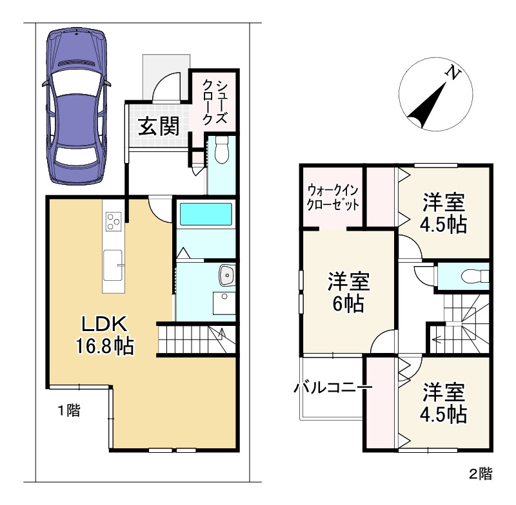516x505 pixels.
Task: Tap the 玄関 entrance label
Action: pyautogui.click(x=159, y=126)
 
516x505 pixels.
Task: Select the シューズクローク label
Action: pyautogui.click(x=214, y=102)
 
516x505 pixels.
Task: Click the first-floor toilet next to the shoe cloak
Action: pyautogui.click(x=222, y=150)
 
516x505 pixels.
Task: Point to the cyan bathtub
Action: pyautogui.click(x=205, y=214)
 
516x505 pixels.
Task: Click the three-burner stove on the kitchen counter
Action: pyautogui.click(x=114, y=221)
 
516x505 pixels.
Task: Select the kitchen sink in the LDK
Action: pyautogui.click(x=113, y=265)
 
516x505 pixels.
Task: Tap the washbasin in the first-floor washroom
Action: pyautogui.click(x=227, y=274)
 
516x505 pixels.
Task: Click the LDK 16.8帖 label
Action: pyautogui.click(x=104, y=335)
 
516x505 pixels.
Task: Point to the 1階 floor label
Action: pyautogui.click(x=69, y=410)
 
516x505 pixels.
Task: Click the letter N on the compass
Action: pyautogui.click(x=453, y=73)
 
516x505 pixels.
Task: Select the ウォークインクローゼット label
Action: pyautogui.click(x=333, y=198)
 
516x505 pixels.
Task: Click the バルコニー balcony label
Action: pyautogui.click(x=333, y=388)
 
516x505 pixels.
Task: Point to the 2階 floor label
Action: pyautogui.click(x=481, y=474)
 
